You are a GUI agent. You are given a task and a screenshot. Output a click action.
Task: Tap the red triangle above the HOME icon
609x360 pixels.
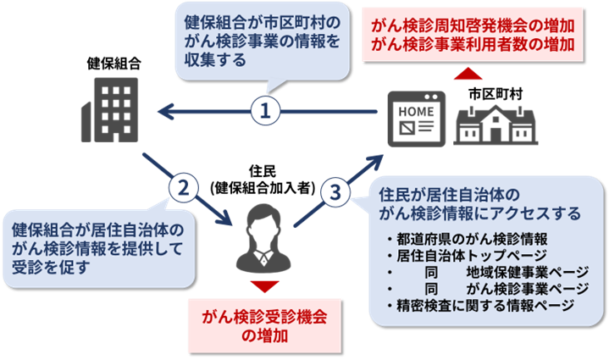point(467,75)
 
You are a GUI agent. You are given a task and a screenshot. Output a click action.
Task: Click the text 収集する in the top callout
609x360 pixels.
point(215,60)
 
